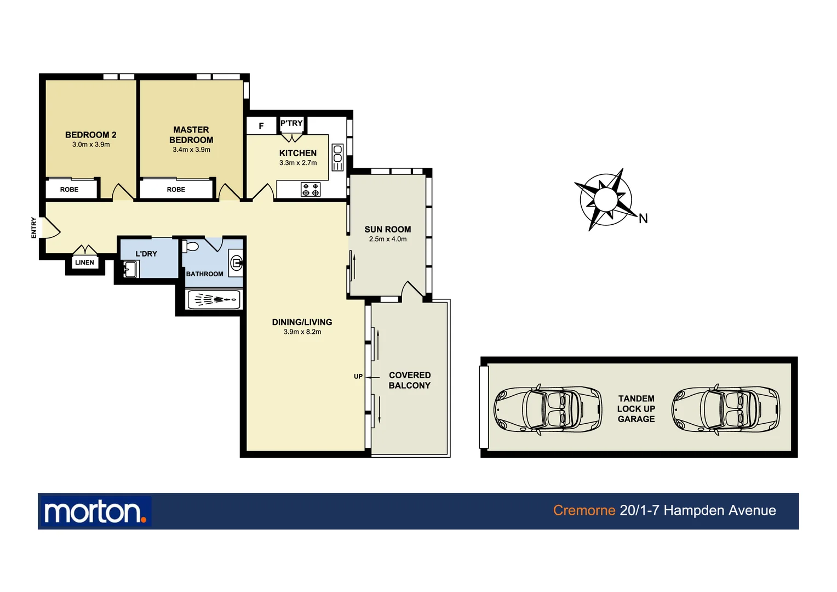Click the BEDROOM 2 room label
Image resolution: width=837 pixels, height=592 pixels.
coord(90,135)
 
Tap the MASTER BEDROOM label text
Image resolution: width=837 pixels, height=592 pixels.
coord(191,135)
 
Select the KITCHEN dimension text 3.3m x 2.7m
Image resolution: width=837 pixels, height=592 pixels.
coord(298,163)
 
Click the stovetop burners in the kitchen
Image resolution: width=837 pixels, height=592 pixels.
coord(311,190)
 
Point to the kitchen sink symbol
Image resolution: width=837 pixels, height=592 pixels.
coord(337,157)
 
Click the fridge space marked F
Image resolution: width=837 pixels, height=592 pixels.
coord(261,126)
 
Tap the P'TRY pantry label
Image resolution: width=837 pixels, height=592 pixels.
coord(291,123)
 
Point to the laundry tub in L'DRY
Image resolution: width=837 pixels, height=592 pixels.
coord(130,269)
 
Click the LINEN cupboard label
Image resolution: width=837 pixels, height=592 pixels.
coord(84,263)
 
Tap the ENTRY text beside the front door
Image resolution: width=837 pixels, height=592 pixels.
coord(34,227)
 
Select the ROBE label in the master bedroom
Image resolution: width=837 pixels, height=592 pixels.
coord(176,190)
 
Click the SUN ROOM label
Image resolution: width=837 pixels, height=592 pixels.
coord(388,230)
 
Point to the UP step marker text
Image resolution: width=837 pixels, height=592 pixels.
coord(358,377)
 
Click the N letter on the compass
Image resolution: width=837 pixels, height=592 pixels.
coord(643,219)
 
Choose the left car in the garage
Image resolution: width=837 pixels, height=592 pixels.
coord(547,409)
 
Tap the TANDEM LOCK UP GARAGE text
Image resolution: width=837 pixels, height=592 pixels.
coord(636,409)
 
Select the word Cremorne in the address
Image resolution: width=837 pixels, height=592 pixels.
coord(584,510)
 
